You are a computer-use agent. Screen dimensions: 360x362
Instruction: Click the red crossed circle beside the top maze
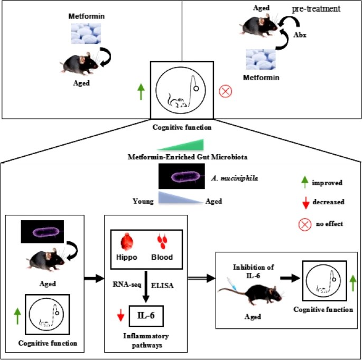(x=226, y=91)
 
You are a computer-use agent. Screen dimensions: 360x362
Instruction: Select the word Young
(x=143, y=201)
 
